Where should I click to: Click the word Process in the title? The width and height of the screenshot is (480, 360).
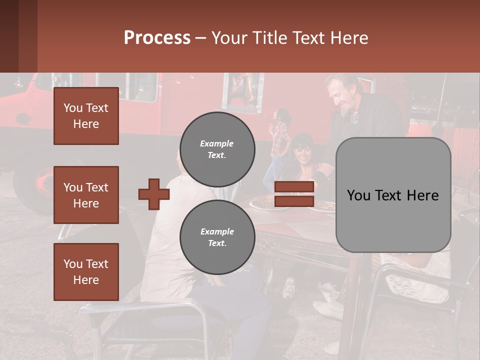pos(157,38)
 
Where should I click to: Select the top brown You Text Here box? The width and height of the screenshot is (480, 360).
pos(86,116)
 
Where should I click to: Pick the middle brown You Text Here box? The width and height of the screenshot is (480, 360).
pos(86,195)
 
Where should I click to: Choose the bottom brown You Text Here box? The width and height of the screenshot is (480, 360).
pos(86,272)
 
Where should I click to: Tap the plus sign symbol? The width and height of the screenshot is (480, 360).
pos(153,194)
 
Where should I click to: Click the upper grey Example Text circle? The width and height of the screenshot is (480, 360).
pos(217,149)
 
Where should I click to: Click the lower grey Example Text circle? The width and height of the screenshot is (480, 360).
pos(217,237)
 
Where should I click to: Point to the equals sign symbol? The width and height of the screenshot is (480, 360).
pos(294,194)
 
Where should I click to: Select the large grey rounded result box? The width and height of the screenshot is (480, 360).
pos(393,195)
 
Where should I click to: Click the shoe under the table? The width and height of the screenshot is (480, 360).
pos(290,287)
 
